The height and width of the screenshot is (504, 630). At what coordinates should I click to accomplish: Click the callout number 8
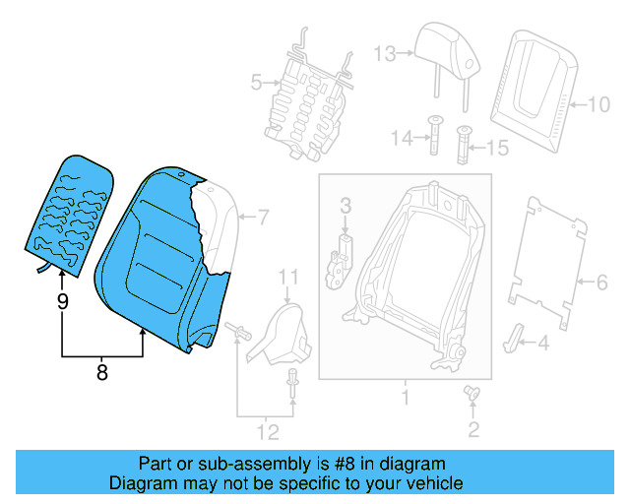coord(101,372)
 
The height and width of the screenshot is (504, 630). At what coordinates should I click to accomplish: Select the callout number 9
coord(62,302)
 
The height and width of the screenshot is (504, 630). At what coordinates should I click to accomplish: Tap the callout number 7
coord(262,216)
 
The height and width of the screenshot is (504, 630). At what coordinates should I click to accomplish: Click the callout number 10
coord(598,102)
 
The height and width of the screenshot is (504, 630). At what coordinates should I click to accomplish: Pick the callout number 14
coord(401,139)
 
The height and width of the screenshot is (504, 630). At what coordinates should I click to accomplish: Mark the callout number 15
coord(497,148)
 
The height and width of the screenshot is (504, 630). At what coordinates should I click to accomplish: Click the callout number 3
coord(346,205)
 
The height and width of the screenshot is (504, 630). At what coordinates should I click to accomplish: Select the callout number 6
coord(601,283)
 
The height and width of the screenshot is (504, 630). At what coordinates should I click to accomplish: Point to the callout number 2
coord(473,428)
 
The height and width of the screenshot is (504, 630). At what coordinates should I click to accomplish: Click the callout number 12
coord(267,430)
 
